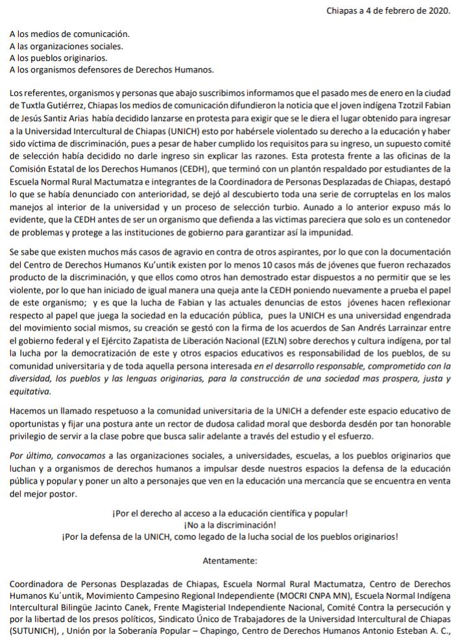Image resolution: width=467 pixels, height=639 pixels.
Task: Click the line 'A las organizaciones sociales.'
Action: tap(67, 46)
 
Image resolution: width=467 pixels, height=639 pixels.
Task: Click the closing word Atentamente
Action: tap(230, 559)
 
